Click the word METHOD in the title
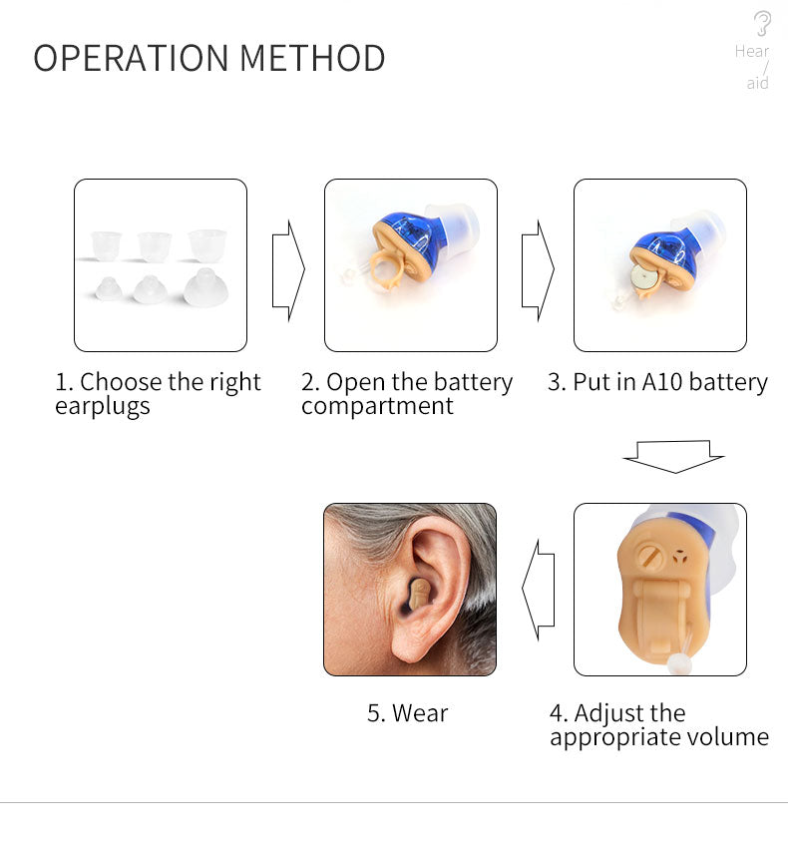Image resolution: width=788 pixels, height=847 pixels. (312, 58)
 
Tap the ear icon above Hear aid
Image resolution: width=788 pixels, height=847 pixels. (762, 23)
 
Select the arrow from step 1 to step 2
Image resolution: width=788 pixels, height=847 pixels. (288, 270)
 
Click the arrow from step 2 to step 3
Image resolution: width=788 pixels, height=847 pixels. (538, 270)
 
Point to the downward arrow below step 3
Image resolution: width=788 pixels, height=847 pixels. (673, 457)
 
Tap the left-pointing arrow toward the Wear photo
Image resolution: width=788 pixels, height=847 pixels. (538, 590)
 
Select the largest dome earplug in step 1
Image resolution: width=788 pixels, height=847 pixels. (205, 287)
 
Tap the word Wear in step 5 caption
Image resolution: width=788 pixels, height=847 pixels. (420, 713)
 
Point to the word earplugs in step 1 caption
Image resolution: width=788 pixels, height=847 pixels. (103, 407)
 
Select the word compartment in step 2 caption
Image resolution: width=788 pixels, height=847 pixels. (377, 406)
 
